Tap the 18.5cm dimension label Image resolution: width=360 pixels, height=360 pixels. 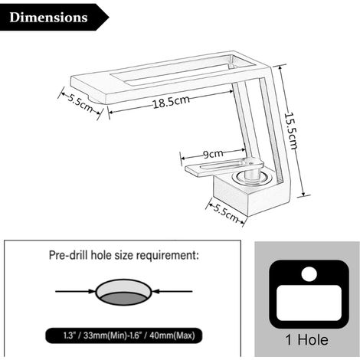(172, 102)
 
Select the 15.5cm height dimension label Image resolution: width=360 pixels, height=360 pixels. (290, 131)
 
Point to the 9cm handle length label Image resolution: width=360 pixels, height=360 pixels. (214, 154)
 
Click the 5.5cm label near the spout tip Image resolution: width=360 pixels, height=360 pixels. (80, 103)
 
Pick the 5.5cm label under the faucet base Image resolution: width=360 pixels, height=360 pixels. (225, 213)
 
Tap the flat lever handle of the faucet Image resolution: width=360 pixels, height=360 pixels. (224, 167)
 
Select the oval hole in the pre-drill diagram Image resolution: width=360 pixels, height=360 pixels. (124, 292)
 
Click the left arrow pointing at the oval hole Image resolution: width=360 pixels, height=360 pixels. (75, 291)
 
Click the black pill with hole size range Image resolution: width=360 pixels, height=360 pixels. (124, 335)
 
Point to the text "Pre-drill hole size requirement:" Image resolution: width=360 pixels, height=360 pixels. (124, 255)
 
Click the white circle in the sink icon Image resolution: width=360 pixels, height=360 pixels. (309, 274)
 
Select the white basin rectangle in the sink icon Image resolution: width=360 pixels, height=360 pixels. (309, 303)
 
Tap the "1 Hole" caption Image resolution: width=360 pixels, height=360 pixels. (306, 340)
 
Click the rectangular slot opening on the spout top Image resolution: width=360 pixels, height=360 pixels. (174, 68)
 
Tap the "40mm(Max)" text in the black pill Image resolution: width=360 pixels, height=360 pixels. (172, 335)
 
